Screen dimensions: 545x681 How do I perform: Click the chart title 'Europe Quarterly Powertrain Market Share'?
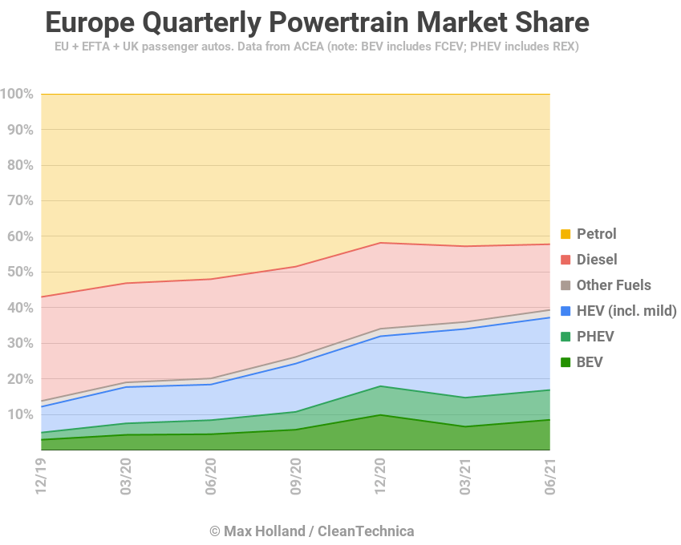click(x=317, y=22)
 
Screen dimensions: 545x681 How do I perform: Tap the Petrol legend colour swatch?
click(x=565, y=234)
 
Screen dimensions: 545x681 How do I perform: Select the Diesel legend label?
click(x=597, y=260)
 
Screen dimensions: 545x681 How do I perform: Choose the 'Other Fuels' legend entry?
click(x=614, y=285)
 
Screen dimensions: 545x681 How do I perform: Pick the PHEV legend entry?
click(x=594, y=337)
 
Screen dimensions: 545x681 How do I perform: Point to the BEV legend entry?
click(x=590, y=362)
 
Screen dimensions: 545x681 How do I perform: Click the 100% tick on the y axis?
click(x=17, y=95)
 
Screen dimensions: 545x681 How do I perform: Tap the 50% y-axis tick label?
click(x=20, y=272)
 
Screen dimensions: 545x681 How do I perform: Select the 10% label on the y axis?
click(x=20, y=414)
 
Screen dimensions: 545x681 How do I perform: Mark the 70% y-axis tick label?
click(x=20, y=201)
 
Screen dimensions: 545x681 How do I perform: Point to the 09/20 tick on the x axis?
click(x=295, y=477)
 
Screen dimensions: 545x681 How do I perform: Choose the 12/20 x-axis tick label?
click(x=380, y=477)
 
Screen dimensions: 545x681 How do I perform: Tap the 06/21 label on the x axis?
click(x=549, y=477)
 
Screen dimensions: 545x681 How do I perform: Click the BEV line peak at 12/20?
click(x=380, y=414)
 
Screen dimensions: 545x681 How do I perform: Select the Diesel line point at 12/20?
click(x=380, y=243)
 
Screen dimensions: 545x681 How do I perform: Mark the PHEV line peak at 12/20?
click(x=380, y=386)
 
